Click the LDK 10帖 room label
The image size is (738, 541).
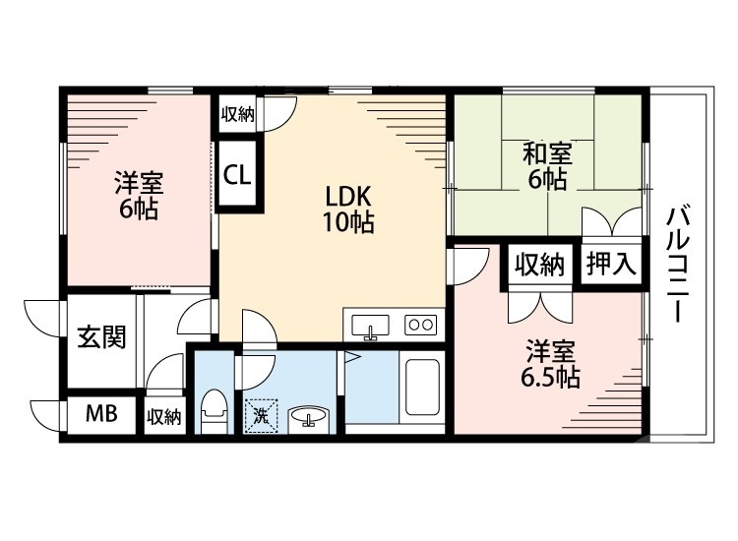349,210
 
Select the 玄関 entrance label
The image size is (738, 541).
100,337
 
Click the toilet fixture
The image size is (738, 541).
214,411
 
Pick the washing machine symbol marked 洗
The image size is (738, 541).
261,414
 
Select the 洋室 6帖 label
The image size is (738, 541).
137,196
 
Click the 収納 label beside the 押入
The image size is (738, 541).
538,264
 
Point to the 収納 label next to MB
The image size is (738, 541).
164,416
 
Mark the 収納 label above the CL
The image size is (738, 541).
236,114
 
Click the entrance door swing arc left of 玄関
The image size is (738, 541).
41,316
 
